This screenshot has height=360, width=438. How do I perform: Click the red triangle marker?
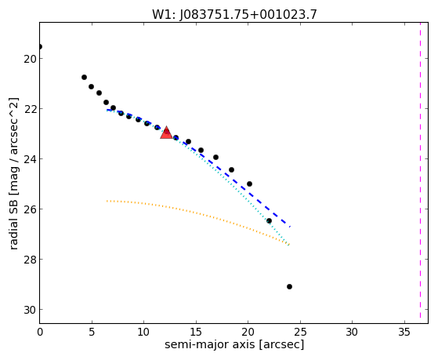click(166, 133)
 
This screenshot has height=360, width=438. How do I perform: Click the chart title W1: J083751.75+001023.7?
click(234, 14)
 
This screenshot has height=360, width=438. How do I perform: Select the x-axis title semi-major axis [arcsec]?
click(234, 344)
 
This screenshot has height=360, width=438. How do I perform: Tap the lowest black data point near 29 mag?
click(289, 287)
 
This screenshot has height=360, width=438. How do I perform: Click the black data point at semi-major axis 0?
click(40, 47)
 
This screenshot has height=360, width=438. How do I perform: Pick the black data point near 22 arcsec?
click(269, 221)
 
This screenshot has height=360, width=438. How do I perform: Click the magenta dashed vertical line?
click(420, 170)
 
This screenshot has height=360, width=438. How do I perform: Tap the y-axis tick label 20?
click(30, 59)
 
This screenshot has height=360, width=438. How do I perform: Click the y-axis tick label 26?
click(30, 209)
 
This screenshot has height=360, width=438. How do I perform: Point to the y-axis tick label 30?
click(30, 310)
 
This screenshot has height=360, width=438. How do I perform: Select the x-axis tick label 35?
click(404, 332)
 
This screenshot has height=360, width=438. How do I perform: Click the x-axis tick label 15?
click(196, 332)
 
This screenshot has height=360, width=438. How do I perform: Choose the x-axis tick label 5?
click(92, 332)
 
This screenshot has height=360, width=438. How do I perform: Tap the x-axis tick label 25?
click(300, 332)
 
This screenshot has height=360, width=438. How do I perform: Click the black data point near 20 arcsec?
click(249, 184)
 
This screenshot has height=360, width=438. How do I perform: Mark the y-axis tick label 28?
click(30, 260)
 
